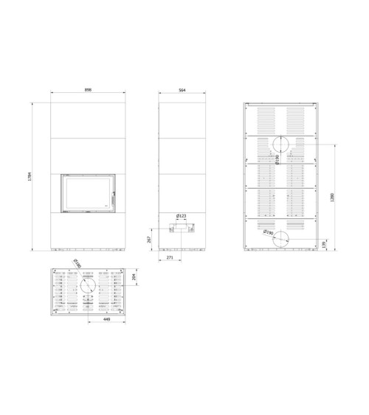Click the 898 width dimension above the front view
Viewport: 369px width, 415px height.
click(x=87, y=90)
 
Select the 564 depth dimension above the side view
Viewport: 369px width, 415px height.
click(x=182, y=90)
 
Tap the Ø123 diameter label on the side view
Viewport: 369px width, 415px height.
click(x=182, y=216)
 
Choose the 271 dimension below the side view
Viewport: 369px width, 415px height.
click(x=169, y=259)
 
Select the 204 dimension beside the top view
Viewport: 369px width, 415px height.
click(x=134, y=277)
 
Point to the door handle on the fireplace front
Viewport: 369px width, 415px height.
click(x=114, y=195)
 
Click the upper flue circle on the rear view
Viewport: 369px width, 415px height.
click(x=283, y=145)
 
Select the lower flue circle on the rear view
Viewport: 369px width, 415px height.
click(x=283, y=240)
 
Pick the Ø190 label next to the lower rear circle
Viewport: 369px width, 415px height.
click(x=269, y=234)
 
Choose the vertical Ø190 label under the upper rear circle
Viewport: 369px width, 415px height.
click(x=277, y=160)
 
